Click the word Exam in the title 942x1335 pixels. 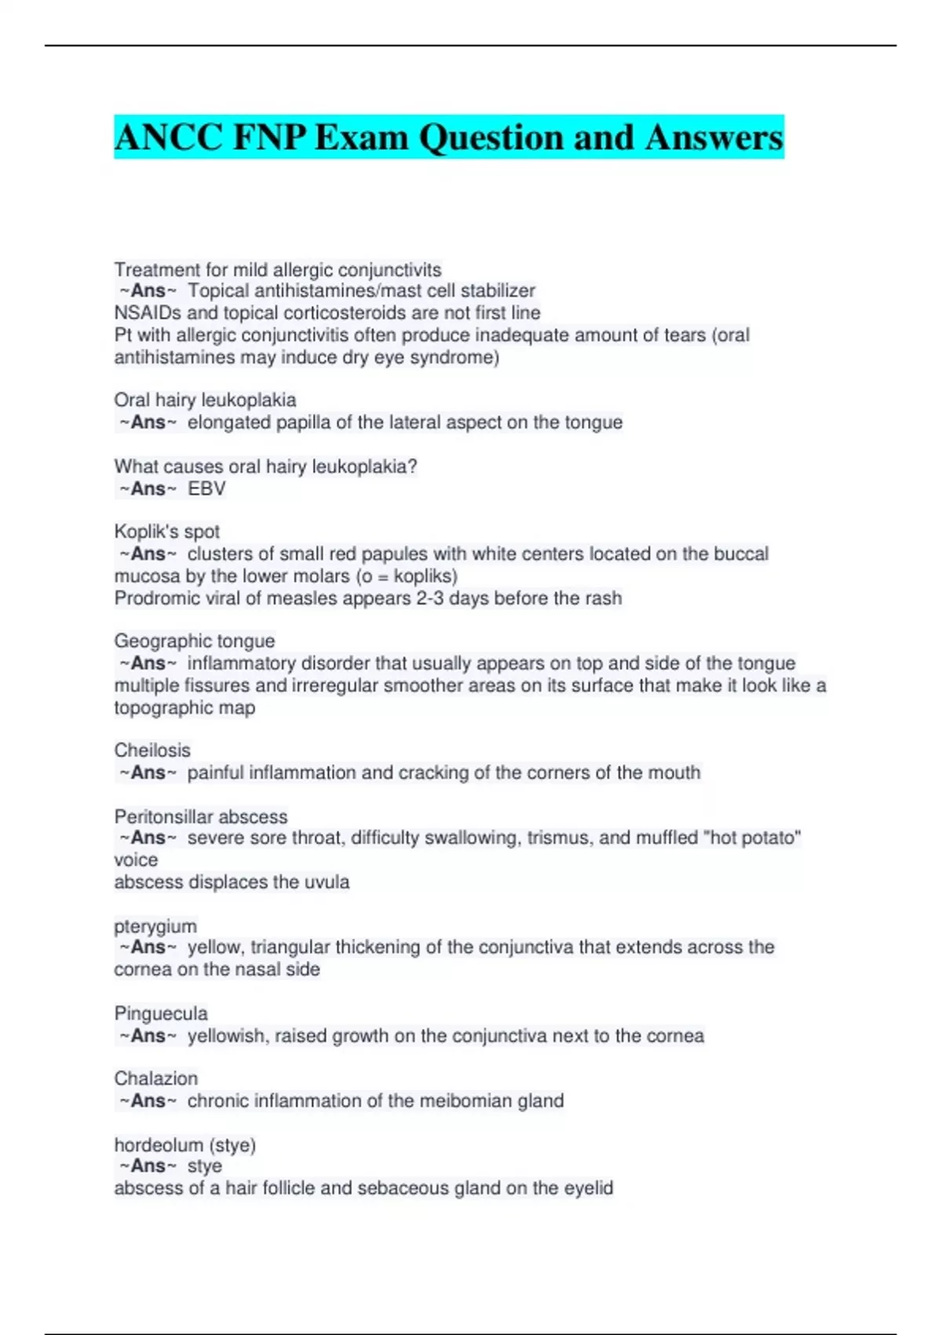[361, 137]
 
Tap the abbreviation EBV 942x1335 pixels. [206, 488]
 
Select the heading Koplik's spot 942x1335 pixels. [166, 532]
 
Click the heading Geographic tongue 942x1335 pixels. [195, 641]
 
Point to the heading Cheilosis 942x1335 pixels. [152, 750]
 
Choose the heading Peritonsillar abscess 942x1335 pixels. [201, 817]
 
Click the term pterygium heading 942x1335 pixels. [155, 927]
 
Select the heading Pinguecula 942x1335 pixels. [161, 1013]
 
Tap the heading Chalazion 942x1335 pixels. [156, 1078]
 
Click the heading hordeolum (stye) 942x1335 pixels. [185, 1145]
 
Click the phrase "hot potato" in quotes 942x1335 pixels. [753, 838]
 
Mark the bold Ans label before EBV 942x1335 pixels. [148, 488]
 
